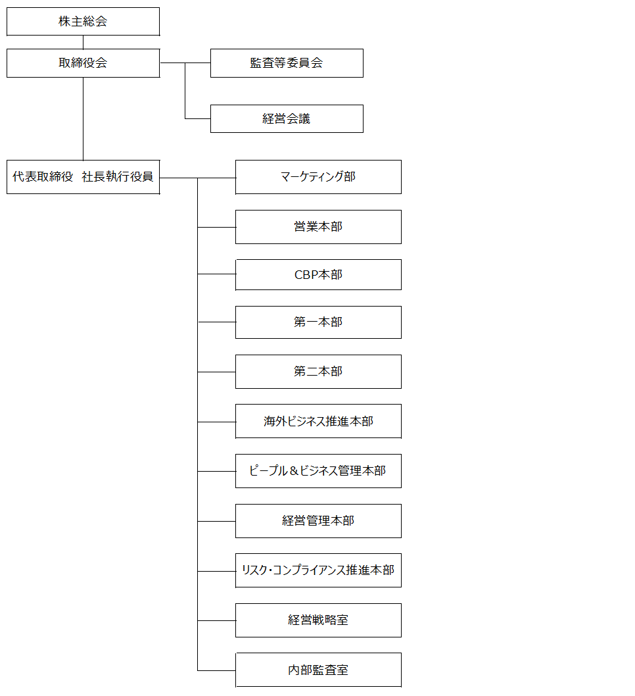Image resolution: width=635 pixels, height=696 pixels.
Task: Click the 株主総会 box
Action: point(83,21)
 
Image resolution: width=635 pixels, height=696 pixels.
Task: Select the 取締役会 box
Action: point(83,63)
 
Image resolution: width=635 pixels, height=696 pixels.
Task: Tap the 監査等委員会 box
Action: point(287,63)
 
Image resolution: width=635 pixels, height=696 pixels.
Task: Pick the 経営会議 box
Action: point(287,118)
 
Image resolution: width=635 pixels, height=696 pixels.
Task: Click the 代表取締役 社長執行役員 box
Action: point(83,177)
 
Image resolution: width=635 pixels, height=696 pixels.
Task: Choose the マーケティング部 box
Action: point(318,177)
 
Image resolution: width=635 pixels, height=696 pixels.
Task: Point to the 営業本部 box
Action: point(318,227)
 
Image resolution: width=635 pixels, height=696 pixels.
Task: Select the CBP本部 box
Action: point(318,275)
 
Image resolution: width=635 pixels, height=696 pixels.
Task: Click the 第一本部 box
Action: point(318,322)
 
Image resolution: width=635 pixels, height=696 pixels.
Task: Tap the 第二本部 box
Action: point(318,372)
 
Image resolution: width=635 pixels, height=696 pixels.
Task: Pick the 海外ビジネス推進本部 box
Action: point(318,421)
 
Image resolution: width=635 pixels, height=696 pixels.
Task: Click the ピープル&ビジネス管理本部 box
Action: point(318,471)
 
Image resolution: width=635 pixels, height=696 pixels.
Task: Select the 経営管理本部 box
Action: point(318,520)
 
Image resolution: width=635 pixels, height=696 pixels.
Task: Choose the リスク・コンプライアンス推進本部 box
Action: point(318,570)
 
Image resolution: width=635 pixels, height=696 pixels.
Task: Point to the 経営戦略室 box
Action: point(318,620)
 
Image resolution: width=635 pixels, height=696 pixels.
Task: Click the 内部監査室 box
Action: point(318,670)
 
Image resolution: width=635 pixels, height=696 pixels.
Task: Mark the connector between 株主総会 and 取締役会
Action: point(83,42)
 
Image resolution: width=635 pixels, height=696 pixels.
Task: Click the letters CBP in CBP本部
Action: point(306,275)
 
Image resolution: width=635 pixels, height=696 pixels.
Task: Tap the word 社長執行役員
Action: point(118,177)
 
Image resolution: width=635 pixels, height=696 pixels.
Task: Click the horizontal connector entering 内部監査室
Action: point(216,670)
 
